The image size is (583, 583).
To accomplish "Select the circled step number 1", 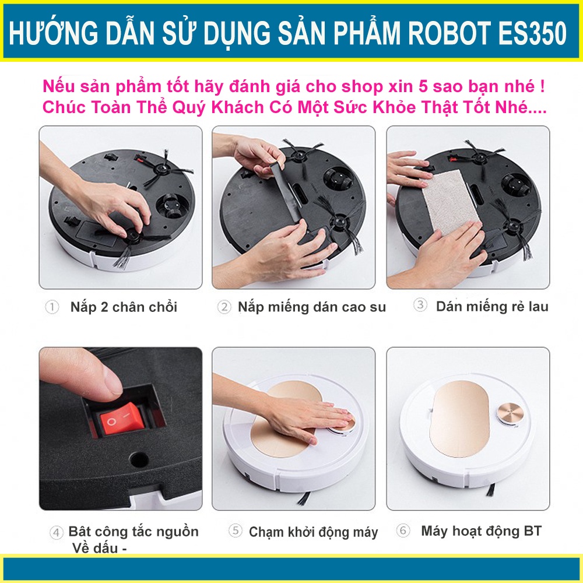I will coord(52,307).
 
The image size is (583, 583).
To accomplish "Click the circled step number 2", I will coord(224,307).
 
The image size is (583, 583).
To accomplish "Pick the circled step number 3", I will coord(420,305).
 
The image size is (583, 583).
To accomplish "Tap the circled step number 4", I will coord(57,532).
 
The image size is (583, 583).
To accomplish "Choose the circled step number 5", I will coord(236,531).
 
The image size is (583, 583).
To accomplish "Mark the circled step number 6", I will coord(403,531).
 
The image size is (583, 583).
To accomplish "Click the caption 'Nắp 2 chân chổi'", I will coord(124,307).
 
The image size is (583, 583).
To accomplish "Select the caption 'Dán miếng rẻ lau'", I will coord(492,306).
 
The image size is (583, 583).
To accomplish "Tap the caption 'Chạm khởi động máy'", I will coord(313,532).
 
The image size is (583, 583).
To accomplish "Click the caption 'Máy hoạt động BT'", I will coord(481,531).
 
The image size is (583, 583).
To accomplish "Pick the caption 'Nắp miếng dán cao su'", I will coord(311,307).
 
